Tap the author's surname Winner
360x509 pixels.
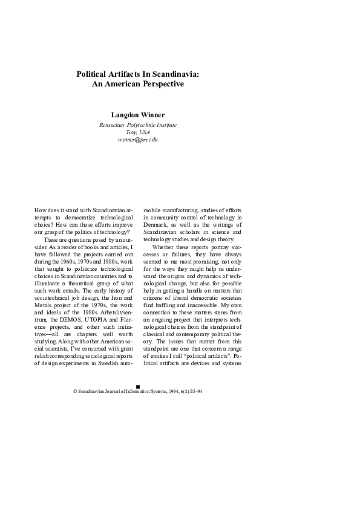150,114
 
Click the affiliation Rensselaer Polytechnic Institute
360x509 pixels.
138,125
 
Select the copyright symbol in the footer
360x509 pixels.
74,392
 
